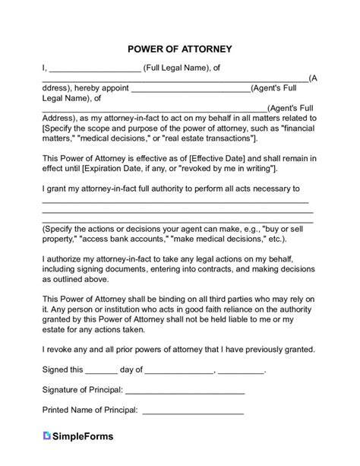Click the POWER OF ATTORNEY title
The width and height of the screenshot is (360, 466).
click(180, 49)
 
